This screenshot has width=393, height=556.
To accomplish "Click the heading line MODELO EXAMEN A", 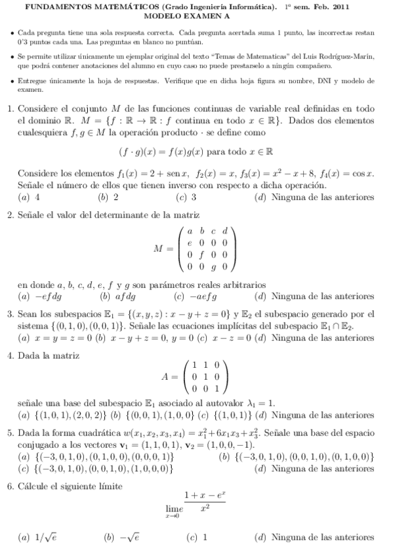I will click(197, 15).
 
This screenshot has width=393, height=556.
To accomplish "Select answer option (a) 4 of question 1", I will click(30, 197).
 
